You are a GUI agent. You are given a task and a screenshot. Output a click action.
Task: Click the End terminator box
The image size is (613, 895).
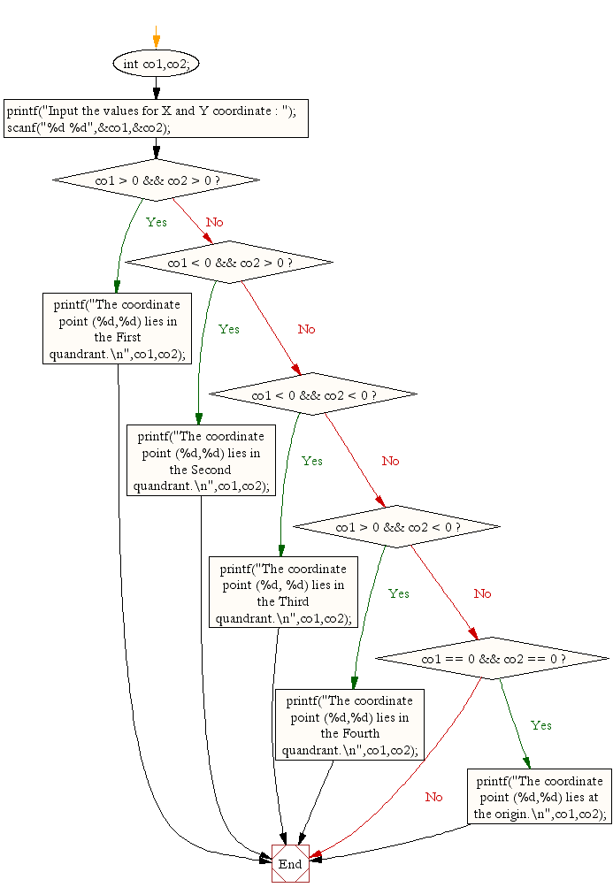pos(290,864)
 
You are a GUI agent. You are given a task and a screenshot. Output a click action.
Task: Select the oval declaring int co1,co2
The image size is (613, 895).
pos(157,64)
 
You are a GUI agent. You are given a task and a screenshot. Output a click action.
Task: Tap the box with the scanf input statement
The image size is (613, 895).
pos(157,119)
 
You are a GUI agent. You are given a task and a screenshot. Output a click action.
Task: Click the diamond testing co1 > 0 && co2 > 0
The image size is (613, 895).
pos(157,180)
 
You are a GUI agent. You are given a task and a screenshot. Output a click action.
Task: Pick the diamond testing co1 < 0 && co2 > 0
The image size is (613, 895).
pos(229,263)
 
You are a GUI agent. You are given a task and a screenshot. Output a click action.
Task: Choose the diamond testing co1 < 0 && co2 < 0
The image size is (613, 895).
pos(313,394)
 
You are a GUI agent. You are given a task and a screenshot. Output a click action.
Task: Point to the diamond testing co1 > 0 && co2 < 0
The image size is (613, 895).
pos(396,527)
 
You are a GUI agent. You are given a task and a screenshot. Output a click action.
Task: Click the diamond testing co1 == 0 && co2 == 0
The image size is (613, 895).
pos(493,659)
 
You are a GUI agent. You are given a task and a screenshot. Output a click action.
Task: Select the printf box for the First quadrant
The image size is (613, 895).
pos(118,329)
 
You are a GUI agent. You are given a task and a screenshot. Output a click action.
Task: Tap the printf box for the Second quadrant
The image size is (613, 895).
pos(201,461)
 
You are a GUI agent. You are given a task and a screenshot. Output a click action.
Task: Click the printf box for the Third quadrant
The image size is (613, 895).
pos(283,593)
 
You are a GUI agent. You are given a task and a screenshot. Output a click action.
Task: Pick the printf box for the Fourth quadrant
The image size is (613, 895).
pos(349,725)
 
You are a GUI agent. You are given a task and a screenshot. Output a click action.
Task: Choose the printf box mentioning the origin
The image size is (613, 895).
pos(540,798)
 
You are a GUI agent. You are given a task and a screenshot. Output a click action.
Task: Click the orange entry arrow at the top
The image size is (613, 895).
pos(157,36)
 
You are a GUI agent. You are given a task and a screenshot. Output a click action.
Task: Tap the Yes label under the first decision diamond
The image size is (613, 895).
pos(157,222)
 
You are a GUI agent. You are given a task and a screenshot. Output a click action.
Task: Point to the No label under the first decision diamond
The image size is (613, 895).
pos(215,222)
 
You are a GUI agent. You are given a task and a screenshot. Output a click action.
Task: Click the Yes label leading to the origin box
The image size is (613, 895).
pos(541,725)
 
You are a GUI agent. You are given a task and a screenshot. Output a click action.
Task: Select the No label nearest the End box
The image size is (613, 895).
pos(433,797)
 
